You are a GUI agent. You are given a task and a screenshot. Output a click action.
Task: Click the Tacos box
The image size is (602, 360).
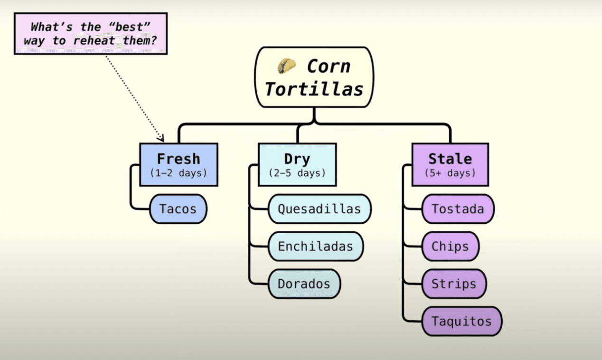[x=178, y=209]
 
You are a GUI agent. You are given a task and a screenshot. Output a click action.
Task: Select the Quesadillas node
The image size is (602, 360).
[x=319, y=209]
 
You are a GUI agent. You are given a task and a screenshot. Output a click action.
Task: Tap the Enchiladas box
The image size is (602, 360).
[x=316, y=246]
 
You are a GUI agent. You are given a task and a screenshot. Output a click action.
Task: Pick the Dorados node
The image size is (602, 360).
[x=304, y=284]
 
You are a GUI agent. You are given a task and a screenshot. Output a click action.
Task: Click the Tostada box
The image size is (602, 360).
[x=458, y=209]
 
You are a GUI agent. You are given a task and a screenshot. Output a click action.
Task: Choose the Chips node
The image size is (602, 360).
[x=450, y=246]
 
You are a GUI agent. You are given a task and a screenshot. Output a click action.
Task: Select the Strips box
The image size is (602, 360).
[x=454, y=284]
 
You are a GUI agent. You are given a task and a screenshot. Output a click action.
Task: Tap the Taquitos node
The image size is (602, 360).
[x=461, y=322]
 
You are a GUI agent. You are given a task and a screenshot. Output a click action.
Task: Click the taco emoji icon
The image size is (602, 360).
[x=287, y=66]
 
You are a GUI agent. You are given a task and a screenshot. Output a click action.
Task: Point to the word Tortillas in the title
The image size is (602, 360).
[x=314, y=89]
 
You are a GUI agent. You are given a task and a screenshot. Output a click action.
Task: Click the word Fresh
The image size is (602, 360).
[x=179, y=159]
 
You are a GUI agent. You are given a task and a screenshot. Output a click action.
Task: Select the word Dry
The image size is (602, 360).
[x=297, y=159]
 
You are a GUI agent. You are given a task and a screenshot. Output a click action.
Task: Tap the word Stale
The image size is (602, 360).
[x=450, y=159]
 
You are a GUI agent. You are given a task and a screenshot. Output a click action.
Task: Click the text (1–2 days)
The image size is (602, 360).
[x=179, y=173]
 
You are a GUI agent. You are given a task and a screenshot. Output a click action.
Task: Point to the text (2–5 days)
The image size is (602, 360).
[x=297, y=173]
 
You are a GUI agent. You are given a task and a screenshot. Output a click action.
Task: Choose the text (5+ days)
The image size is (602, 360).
[x=450, y=173]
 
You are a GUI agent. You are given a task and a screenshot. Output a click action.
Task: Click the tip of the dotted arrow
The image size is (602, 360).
[x=162, y=140]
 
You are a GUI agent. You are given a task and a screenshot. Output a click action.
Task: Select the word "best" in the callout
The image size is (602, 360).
[x=125, y=27]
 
